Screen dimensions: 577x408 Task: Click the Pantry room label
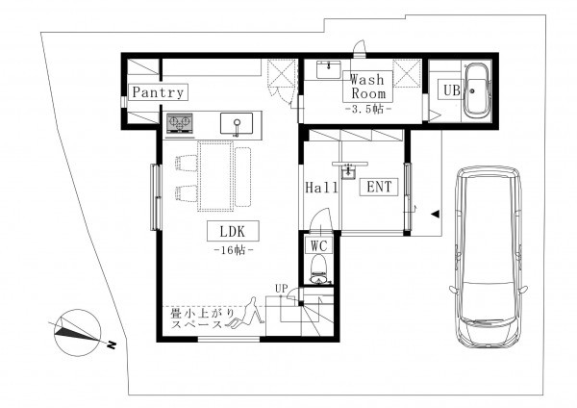click(158, 92)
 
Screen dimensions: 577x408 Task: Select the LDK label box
click(233, 231)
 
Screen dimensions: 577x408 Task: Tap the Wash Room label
click(367, 87)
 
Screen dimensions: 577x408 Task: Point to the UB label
click(452, 89)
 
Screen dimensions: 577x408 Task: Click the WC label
click(318, 245)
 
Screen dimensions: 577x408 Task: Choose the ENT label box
click(379, 187)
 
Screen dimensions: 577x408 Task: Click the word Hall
click(321, 188)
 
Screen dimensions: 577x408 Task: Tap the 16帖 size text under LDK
click(234, 250)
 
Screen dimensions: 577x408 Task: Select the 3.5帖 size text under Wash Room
click(368, 110)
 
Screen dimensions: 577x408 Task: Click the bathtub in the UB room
click(477, 90)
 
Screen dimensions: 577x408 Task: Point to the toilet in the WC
click(318, 269)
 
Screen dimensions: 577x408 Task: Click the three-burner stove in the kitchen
click(180, 122)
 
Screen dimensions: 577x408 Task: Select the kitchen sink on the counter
click(237, 123)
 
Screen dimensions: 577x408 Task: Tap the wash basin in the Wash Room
click(329, 69)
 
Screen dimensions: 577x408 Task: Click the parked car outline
click(489, 257)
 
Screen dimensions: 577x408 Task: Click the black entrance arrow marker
click(436, 214)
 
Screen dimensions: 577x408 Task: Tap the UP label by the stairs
click(282, 289)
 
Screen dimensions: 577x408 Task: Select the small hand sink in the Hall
click(348, 172)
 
